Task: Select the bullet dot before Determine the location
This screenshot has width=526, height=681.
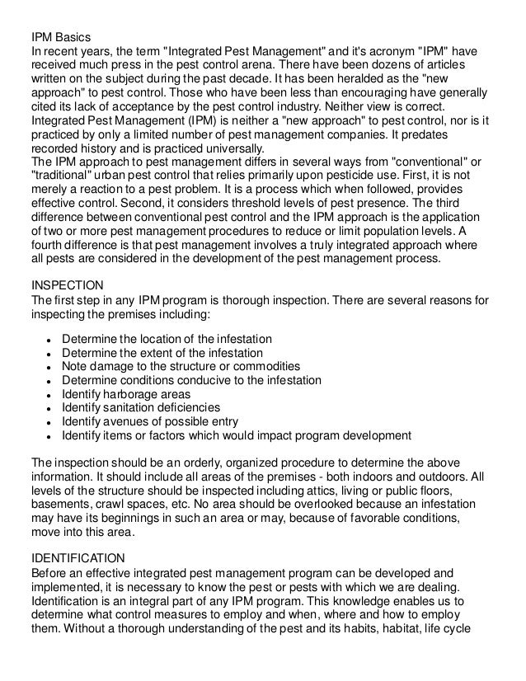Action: [51, 340]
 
